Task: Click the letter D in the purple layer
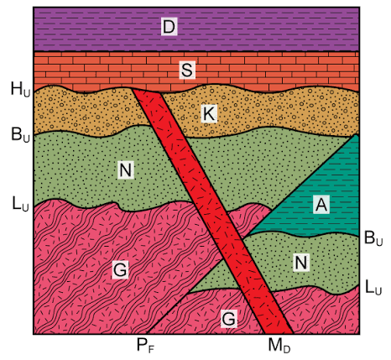[x=169, y=27]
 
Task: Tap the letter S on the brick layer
[x=187, y=70]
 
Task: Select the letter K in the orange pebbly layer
[x=210, y=114]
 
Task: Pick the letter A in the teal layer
[x=321, y=205]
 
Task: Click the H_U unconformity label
[x=20, y=89]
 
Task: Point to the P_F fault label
[x=146, y=345]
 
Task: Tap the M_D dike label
[x=279, y=345]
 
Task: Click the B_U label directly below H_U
[x=20, y=134]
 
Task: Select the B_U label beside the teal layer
[x=373, y=238]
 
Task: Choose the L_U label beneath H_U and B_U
[x=20, y=203]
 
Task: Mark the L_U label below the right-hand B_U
[x=373, y=287]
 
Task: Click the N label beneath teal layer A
[x=301, y=263]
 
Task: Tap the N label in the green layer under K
[x=126, y=170]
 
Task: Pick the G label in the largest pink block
[x=120, y=269]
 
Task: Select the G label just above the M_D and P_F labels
[x=229, y=319]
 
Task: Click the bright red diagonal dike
[x=212, y=211]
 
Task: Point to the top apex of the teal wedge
[x=356, y=134]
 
